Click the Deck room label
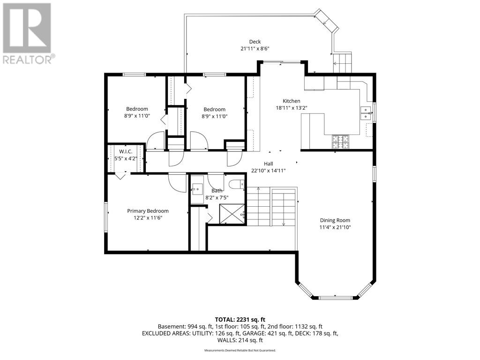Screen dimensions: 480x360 (x=255, y=42)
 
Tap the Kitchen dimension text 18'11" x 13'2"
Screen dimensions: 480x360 (x=292, y=108)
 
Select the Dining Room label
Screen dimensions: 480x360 (x=335, y=220)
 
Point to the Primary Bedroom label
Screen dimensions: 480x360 (x=148, y=211)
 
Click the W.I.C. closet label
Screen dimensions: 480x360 (x=126, y=151)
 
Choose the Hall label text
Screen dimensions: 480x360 (x=269, y=164)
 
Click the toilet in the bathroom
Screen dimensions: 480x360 (x=236, y=185)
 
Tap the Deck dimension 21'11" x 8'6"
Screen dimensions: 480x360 (x=255, y=48)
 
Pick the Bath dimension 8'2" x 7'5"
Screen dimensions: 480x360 (x=217, y=198)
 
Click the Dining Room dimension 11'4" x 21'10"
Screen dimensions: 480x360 (x=335, y=227)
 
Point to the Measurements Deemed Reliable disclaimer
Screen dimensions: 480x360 (x=240, y=350)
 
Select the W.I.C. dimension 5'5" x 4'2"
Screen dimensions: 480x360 (x=126, y=158)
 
